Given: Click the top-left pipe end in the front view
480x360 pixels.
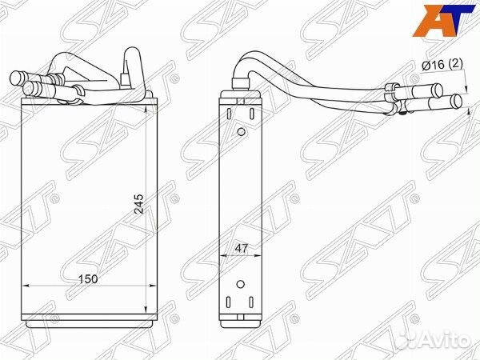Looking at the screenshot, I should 18,78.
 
